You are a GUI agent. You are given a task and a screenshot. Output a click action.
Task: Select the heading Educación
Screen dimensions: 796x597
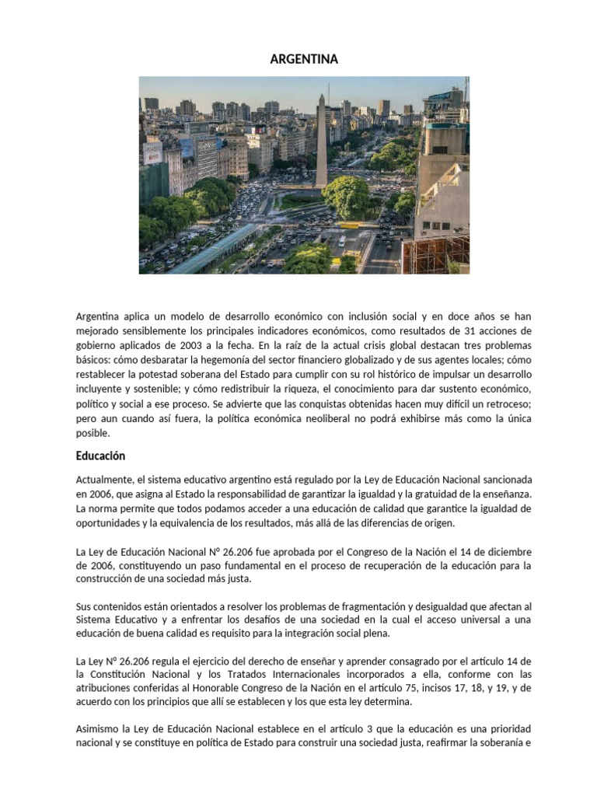[x=100, y=456]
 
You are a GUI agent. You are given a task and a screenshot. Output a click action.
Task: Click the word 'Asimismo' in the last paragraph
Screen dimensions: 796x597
[x=100, y=730]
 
